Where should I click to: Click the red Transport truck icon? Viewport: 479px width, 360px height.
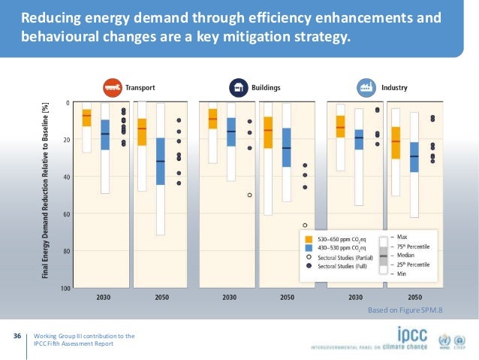[x=113, y=88]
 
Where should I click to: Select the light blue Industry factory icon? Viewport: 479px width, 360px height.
[x=367, y=88]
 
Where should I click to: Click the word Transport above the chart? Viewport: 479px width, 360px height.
[x=140, y=88]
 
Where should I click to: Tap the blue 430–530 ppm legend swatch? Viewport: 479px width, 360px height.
[x=309, y=247]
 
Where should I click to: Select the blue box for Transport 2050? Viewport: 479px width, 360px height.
[x=161, y=161]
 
